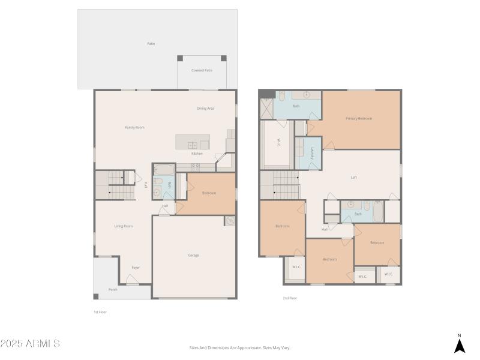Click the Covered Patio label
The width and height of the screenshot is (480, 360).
coord(202,70)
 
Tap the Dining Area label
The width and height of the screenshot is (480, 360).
coord(206,108)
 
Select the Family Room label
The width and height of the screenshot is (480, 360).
coord(134,127)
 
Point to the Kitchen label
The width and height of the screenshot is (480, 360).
coord(197,154)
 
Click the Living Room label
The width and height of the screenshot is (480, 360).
coord(124,226)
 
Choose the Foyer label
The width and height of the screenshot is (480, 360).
coord(136,267)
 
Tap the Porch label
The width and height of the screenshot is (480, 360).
coord(113,289)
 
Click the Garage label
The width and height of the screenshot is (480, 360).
coord(194,255)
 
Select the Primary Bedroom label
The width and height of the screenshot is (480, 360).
coord(359,118)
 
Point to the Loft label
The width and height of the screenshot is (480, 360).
coord(354,177)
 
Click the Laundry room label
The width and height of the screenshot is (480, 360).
coord(313,154)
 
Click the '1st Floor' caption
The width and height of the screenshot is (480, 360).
coord(100,312)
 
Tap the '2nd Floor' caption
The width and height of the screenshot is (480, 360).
coord(290,298)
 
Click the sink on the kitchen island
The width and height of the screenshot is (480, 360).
coord(192,145)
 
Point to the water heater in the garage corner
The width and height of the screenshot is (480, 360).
coord(229,221)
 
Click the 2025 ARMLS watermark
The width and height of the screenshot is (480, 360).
coord(30,344)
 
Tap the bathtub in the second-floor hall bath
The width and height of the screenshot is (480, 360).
coord(378,211)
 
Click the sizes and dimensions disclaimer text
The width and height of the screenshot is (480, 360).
coord(240,347)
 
